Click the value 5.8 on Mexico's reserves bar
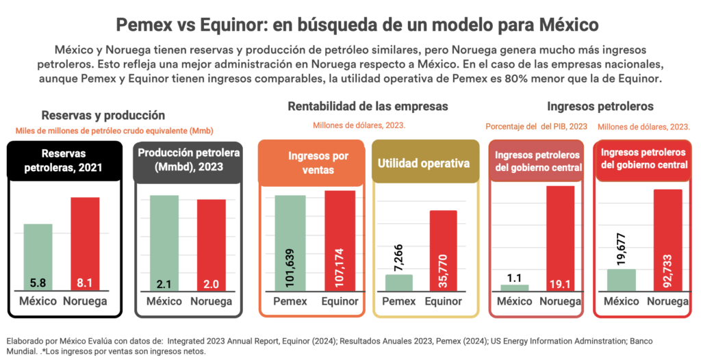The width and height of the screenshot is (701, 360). [38, 281]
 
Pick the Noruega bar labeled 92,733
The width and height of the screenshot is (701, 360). [668, 240]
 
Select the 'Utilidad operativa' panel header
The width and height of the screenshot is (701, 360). [425, 164]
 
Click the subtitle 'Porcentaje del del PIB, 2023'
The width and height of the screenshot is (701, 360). [536, 127]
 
